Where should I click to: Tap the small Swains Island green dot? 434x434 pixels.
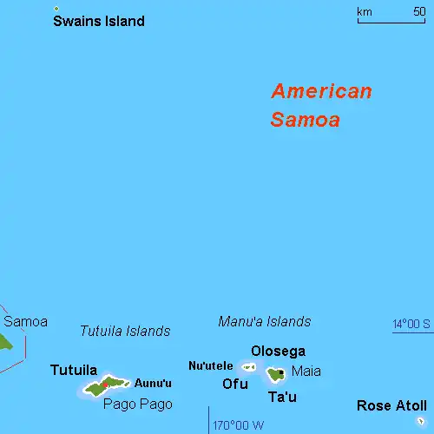pyautogui.click(x=56, y=9)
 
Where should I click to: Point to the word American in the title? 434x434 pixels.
pyautogui.click(x=321, y=91)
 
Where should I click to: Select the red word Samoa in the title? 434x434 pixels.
pyautogui.click(x=305, y=121)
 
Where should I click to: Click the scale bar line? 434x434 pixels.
pyautogui.click(x=391, y=21)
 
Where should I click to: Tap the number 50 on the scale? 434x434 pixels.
pyautogui.click(x=418, y=11)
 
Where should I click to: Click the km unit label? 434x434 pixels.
pyautogui.click(x=365, y=11)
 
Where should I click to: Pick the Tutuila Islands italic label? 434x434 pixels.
pyautogui.click(x=125, y=331)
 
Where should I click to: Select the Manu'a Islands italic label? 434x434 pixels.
pyautogui.click(x=264, y=322)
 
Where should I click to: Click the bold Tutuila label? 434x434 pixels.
pyautogui.click(x=74, y=370)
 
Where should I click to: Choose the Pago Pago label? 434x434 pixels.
pyautogui.click(x=138, y=404)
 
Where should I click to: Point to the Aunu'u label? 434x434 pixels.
pyautogui.click(x=153, y=384)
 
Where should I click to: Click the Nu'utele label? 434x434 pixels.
pyautogui.click(x=210, y=366)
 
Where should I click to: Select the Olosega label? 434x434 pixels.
pyautogui.click(x=278, y=351)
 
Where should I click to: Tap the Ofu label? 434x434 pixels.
pyautogui.click(x=234, y=384)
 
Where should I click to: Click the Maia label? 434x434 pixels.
pyautogui.click(x=306, y=372)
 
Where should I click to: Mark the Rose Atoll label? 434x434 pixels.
pyautogui.click(x=391, y=405)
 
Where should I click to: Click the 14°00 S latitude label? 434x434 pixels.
pyautogui.click(x=411, y=325)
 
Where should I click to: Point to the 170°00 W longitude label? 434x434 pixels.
pyautogui.click(x=240, y=425)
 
